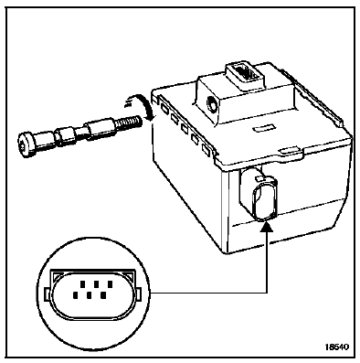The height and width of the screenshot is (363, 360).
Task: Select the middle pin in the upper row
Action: [96, 285]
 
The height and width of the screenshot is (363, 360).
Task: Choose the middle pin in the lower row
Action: [90, 294]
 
